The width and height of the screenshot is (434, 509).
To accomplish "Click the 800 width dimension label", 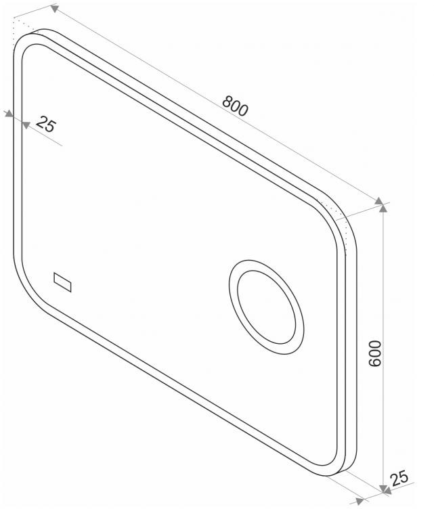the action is pos(235,106).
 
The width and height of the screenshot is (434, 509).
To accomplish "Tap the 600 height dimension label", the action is pos(375,353).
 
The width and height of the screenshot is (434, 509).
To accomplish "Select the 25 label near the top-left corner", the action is pos(46,124).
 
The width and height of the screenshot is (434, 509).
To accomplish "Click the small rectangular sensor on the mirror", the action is pos(62,282).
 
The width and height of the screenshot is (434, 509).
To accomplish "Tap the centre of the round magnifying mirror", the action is pos(267,307).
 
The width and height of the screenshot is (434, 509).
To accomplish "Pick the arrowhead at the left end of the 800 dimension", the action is pos(55,8).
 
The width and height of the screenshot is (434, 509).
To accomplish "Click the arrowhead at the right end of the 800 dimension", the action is pos(378,201).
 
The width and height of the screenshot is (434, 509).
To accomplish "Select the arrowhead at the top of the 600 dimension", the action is pos(383,207).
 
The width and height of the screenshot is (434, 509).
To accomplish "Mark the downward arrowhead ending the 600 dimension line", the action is pos(383,489).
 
